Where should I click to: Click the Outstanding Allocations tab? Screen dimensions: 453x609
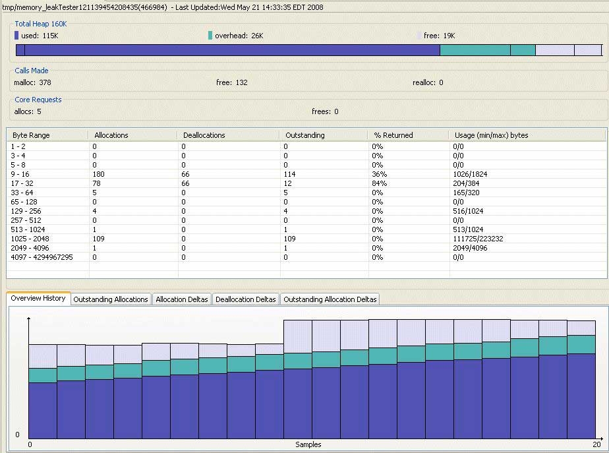coord(111,299)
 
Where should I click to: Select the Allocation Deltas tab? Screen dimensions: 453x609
coord(181,299)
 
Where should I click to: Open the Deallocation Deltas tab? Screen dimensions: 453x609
coord(245,299)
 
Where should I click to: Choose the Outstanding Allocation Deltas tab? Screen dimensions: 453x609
coord(330,299)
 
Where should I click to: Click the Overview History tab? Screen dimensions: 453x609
coord(38,298)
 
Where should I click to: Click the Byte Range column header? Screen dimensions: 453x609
coord(31,135)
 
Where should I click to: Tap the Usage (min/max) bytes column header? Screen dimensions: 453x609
coord(491,135)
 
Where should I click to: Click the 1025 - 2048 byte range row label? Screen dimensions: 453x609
coord(30,239)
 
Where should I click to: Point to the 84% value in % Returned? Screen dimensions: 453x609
coord(378,183)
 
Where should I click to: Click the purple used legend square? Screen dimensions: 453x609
coord(16,36)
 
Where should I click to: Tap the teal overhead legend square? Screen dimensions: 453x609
coord(210,36)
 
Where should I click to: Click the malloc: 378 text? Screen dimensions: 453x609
coord(32,82)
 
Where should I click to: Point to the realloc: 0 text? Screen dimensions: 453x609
coord(428,82)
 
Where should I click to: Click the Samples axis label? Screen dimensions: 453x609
coord(308,445)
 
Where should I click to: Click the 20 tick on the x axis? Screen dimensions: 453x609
coord(596,445)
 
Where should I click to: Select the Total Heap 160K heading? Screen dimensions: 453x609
coord(41,24)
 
